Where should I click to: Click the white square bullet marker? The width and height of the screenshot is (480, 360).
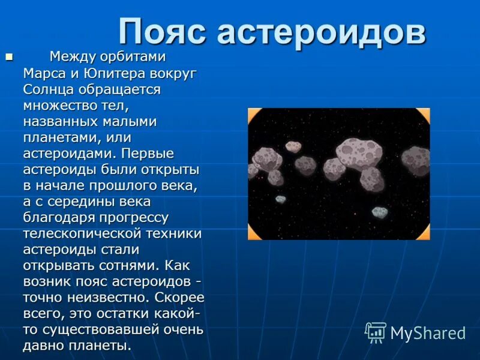coord(8,57)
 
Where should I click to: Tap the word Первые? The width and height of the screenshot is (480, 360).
coord(147,154)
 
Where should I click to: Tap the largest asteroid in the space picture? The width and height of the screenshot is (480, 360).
coord(356,152)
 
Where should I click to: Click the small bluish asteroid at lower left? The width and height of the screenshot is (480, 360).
coord(280,199)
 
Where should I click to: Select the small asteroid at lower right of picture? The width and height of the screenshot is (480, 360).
coord(379,211)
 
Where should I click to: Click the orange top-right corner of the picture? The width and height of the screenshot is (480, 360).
coord(424,114)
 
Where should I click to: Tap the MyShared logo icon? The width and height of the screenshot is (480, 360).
coord(376,332)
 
